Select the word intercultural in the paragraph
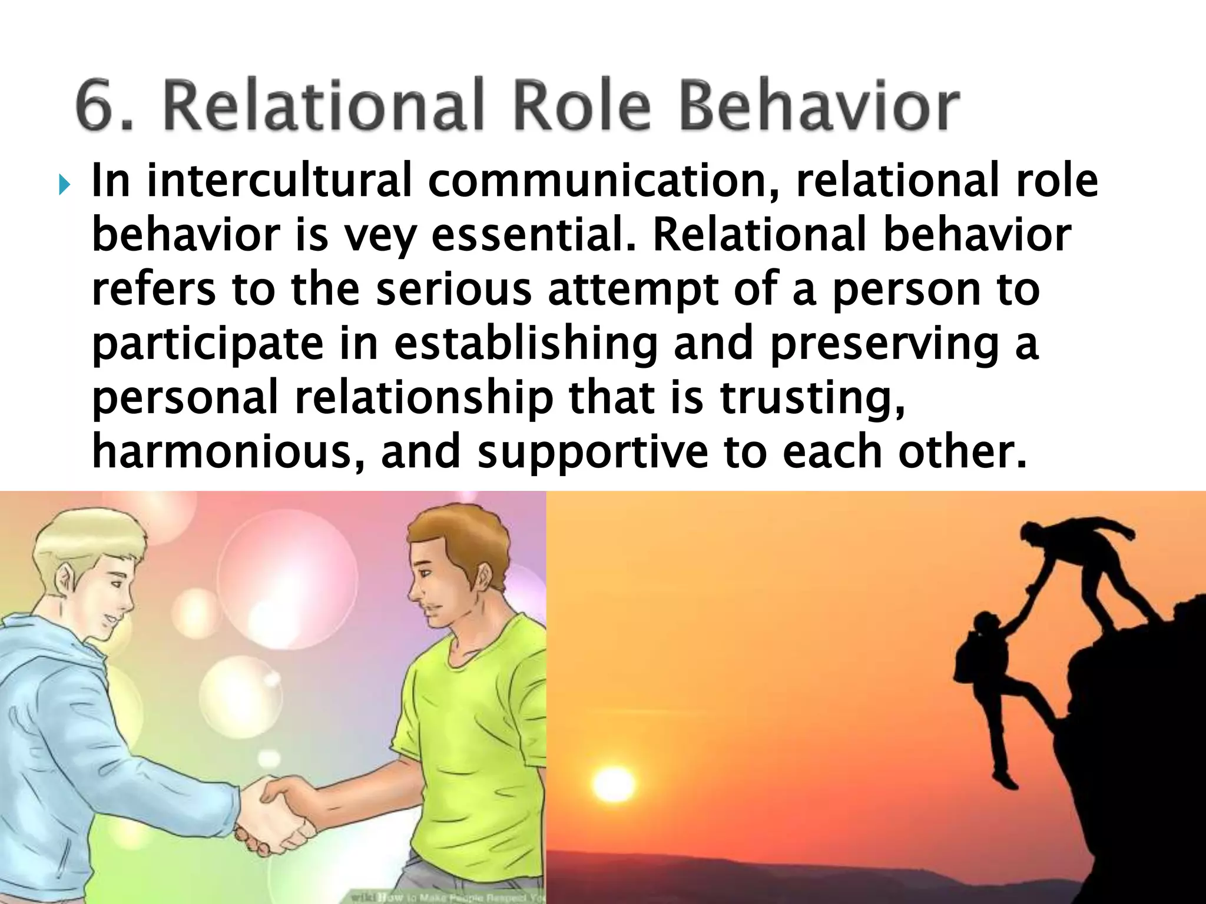[x=279, y=181]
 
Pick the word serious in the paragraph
[x=453, y=289]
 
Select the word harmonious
[x=221, y=451]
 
